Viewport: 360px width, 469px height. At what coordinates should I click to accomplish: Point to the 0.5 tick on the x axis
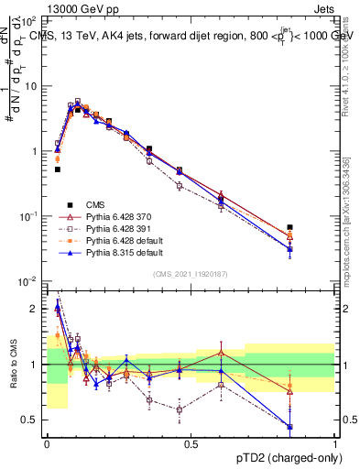click(191, 445)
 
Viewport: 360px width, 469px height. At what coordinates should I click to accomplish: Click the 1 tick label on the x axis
click(335, 445)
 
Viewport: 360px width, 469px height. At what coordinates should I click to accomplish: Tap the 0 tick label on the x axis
click(46, 445)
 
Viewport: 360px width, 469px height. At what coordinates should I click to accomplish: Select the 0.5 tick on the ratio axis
click(34, 420)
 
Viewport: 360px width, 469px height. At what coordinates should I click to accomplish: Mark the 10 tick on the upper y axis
click(34, 85)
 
